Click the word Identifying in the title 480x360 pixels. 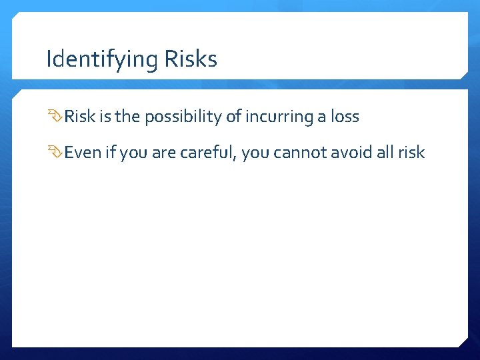(101, 60)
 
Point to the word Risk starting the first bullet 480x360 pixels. (80, 117)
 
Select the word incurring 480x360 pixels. (273, 117)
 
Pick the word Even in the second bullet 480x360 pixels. (82, 153)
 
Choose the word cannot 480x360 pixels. (303, 153)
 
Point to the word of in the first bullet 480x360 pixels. (233, 117)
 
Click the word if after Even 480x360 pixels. (109, 153)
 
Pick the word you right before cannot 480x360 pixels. (258, 153)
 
